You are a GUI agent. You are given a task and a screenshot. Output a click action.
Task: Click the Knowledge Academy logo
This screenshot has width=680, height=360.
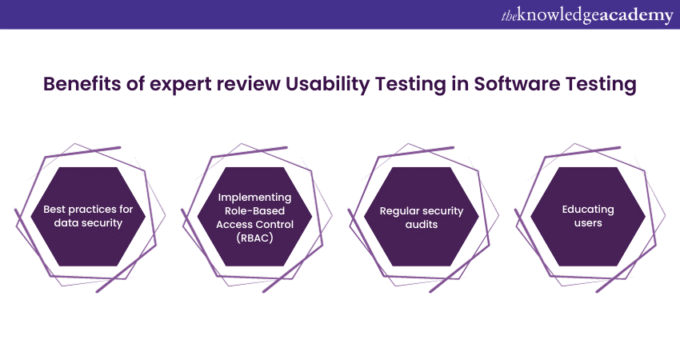pyautogui.click(x=587, y=16)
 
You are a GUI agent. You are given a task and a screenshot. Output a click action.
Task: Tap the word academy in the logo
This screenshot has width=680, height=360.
pyautogui.click(x=636, y=17)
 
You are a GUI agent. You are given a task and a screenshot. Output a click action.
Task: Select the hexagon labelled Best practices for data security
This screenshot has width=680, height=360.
pyautogui.click(x=88, y=217)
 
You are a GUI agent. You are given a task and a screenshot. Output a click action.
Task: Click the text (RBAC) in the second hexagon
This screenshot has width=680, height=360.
pyautogui.click(x=254, y=238)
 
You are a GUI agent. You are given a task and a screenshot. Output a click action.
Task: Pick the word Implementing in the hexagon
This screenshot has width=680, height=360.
pyautogui.click(x=254, y=198)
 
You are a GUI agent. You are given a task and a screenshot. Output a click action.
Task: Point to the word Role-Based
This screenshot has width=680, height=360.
pyautogui.click(x=254, y=210)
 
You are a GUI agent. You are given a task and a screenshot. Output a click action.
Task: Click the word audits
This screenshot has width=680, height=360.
pyautogui.click(x=421, y=225)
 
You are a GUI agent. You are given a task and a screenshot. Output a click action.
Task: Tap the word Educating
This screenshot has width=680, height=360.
pyautogui.click(x=588, y=210)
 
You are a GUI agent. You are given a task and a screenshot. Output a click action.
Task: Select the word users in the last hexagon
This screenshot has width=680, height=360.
pyautogui.click(x=588, y=223)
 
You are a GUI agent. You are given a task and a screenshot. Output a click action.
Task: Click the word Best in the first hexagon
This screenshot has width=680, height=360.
pyautogui.click(x=54, y=210)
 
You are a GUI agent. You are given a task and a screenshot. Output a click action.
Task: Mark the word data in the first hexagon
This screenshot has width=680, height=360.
pyautogui.click(x=66, y=223)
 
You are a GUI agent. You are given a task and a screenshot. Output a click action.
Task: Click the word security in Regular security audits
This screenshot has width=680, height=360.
pyautogui.click(x=443, y=212)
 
